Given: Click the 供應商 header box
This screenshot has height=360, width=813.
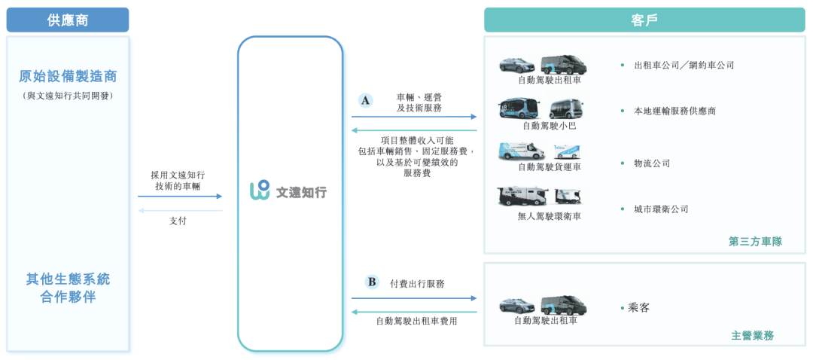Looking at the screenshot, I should pos(68,20).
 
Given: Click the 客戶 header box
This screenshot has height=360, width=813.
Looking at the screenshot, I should pos(644,20).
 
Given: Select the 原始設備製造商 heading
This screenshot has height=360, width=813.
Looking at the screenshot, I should pos(68,77).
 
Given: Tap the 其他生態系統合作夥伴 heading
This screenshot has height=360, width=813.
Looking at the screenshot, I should pos(68,288).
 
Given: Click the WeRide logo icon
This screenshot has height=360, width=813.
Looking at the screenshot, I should pos(260,191).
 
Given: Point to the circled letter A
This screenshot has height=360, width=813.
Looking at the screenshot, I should pos(366,100).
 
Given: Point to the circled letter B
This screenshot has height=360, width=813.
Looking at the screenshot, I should pos(372,282).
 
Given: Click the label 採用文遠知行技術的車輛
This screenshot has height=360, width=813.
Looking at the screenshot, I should pos(178,180).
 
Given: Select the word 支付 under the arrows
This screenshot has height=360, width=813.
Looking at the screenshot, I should pos(178,221).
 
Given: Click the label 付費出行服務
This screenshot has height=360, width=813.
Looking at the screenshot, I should pos(417,284).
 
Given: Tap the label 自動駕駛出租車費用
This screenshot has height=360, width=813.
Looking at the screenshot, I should pos(416,321).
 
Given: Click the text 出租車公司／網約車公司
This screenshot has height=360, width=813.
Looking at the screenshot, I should pos(684,66).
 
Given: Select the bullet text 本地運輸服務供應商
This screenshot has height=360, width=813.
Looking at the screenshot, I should pos(674,111).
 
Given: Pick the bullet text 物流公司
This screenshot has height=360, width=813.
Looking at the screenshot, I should pos(652,163).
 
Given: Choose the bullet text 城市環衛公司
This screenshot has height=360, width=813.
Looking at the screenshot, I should pos(661,209).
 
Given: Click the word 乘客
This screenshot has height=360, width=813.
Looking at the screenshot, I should pos(639,307).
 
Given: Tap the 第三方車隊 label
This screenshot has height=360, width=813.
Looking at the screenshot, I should pos(755,242).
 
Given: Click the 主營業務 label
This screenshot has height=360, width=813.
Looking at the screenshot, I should pos(752,335).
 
